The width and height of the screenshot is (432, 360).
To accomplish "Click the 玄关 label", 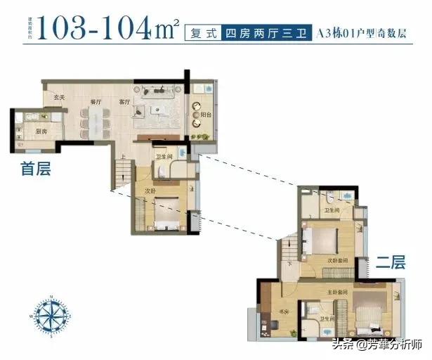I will (x=60, y=97).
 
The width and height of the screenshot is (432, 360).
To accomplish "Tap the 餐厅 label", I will (x=96, y=103).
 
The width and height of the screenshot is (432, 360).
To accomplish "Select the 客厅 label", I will (x=125, y=103).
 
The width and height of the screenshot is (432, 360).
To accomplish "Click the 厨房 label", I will (x=41, y=131).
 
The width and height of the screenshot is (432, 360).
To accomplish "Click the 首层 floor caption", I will (x=36, y=169).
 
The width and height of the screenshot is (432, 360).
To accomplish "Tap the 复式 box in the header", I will (x=200, y=32).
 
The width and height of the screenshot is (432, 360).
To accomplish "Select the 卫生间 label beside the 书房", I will (x=327, y=319).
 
